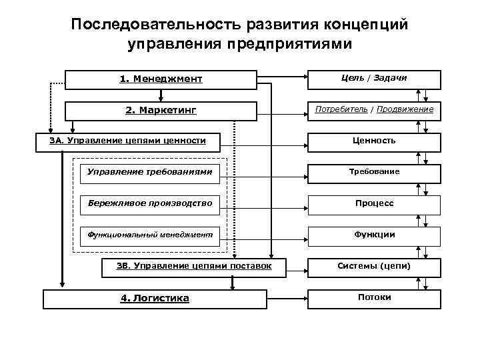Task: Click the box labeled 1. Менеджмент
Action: (x=161, y=79)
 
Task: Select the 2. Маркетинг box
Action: (x=161, y=110)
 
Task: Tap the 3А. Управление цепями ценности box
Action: (x=127, y=141)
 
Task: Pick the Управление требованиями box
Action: (x=150, y=172)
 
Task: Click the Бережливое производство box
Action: (x=150, y=203)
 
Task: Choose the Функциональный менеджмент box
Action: (x=150, y=235)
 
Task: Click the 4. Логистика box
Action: (x=155, y=298)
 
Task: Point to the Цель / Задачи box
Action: (x=373, y=79)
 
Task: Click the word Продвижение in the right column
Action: (x=405, y=109)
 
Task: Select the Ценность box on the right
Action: (x=373, y=141)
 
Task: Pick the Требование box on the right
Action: (x=373, y=172)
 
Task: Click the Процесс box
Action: (x=373, y=203)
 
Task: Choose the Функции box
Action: (x=373, y=235)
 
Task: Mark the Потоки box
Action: (x=373, y=297)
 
